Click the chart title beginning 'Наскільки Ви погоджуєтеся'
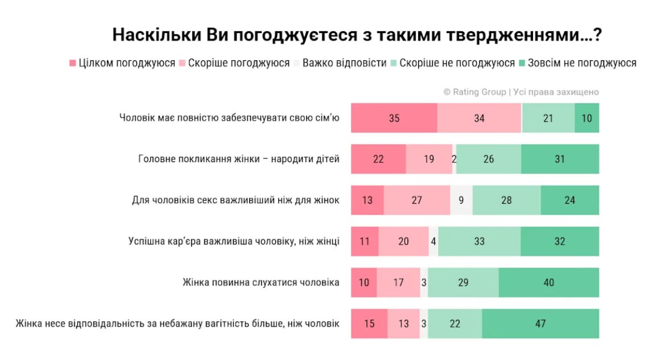(357, 35)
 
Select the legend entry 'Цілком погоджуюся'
(122, 63)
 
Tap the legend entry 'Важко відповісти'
(340, 63)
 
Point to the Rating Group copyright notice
(521, 92)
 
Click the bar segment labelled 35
(394, 118)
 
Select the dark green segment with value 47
(540, 324)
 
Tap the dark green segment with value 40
(548, 283)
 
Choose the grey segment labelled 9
(461, 200)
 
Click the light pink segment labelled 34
(479, 118)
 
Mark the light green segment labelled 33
(479, 241)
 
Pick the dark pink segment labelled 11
(365, 241)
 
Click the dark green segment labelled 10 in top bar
(587, 118)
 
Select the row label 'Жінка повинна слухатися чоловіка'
(261, 283)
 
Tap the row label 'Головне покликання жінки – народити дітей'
(239, 159)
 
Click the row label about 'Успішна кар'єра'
(234, 241)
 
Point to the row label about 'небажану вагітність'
(178, 324)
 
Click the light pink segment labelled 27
(416, 200)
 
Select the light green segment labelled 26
(488, 159)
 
